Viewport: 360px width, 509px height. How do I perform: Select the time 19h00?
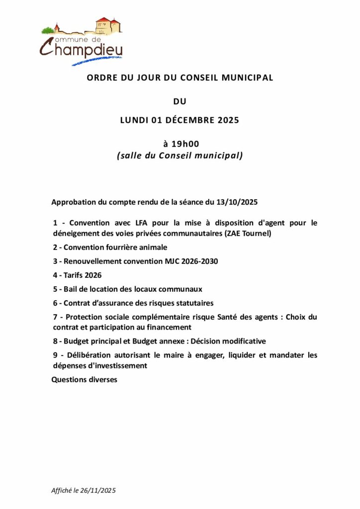(184, 144)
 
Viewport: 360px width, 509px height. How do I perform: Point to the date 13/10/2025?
(237, 203)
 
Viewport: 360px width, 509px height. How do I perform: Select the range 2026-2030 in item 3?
(201, 261)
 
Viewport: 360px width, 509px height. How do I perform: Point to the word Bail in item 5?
(71, 289)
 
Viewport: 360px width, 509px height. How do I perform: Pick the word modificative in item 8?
(242, 341)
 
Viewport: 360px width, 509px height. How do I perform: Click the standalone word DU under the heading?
(180, 102)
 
